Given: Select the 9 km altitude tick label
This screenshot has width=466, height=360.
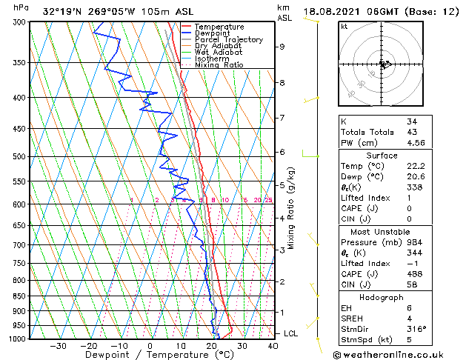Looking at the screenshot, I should tap(282, 47).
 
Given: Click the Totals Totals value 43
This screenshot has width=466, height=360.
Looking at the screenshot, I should tap(412, 132).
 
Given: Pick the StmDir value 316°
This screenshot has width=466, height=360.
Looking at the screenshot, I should tap(416, 330).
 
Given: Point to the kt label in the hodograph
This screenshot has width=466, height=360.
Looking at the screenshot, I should tap(344, 27).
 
